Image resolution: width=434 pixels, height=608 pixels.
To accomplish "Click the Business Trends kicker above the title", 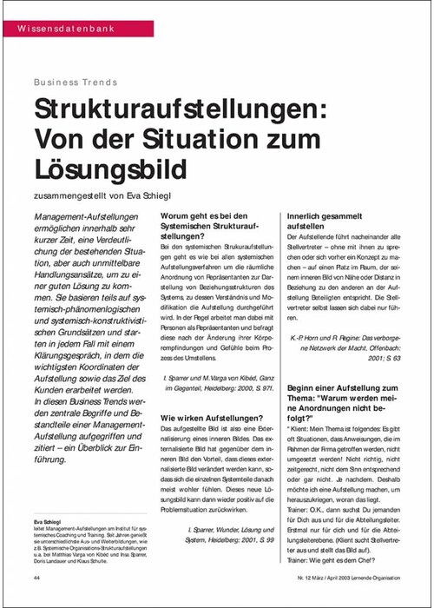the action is coord(76,83).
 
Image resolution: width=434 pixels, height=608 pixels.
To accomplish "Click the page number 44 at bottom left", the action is coord(37,577).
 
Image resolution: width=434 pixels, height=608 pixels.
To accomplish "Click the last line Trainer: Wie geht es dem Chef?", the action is coord(336,559).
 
